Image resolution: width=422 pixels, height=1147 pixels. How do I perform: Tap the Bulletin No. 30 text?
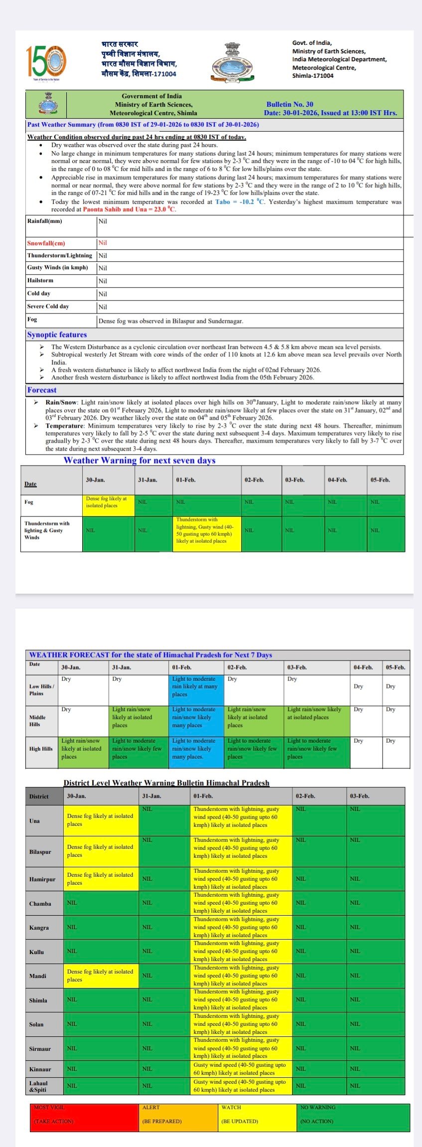(289, 104)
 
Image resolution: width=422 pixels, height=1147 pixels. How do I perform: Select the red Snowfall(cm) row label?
(46, 243)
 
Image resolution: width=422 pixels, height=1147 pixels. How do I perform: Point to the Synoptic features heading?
(57, 334)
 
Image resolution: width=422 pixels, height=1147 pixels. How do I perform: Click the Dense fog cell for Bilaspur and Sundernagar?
(171, 321)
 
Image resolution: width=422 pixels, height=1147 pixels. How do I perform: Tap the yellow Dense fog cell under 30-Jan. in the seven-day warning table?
(108, 502)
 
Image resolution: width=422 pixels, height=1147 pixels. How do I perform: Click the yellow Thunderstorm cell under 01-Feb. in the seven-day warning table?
(206, 530)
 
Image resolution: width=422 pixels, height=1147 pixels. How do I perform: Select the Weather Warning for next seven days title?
(140, 460)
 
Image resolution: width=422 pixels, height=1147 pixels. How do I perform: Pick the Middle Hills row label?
(38, 721)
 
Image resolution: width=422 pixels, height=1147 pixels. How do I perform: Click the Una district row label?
(35, 820)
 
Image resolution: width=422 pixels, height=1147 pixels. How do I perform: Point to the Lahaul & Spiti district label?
(39, 1086)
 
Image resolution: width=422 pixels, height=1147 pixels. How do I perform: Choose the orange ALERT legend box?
(178, 1117)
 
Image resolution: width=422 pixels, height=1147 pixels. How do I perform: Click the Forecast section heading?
(42, 390)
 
